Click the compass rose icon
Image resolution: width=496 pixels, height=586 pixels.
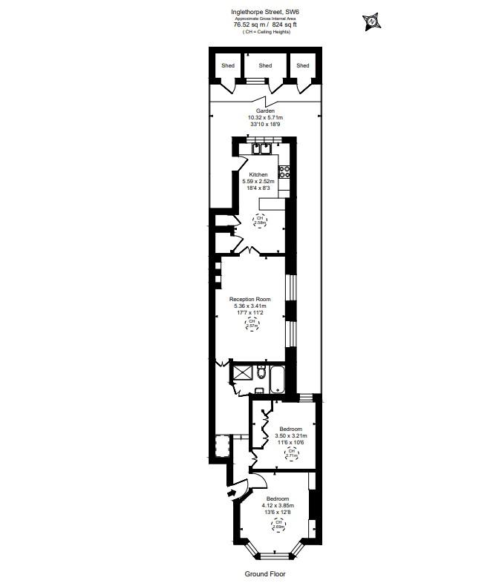371,22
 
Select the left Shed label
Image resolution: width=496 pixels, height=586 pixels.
228,66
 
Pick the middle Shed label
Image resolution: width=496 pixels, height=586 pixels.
265,66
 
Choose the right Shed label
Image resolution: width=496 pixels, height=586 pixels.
302,66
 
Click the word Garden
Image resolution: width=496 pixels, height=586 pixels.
265,111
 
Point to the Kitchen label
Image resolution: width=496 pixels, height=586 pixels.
258,174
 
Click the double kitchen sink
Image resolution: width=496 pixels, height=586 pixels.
260,148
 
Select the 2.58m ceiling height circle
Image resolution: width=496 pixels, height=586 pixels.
260,220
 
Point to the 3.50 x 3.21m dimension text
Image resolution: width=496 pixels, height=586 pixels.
290,436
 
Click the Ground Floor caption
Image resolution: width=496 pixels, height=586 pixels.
265,573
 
